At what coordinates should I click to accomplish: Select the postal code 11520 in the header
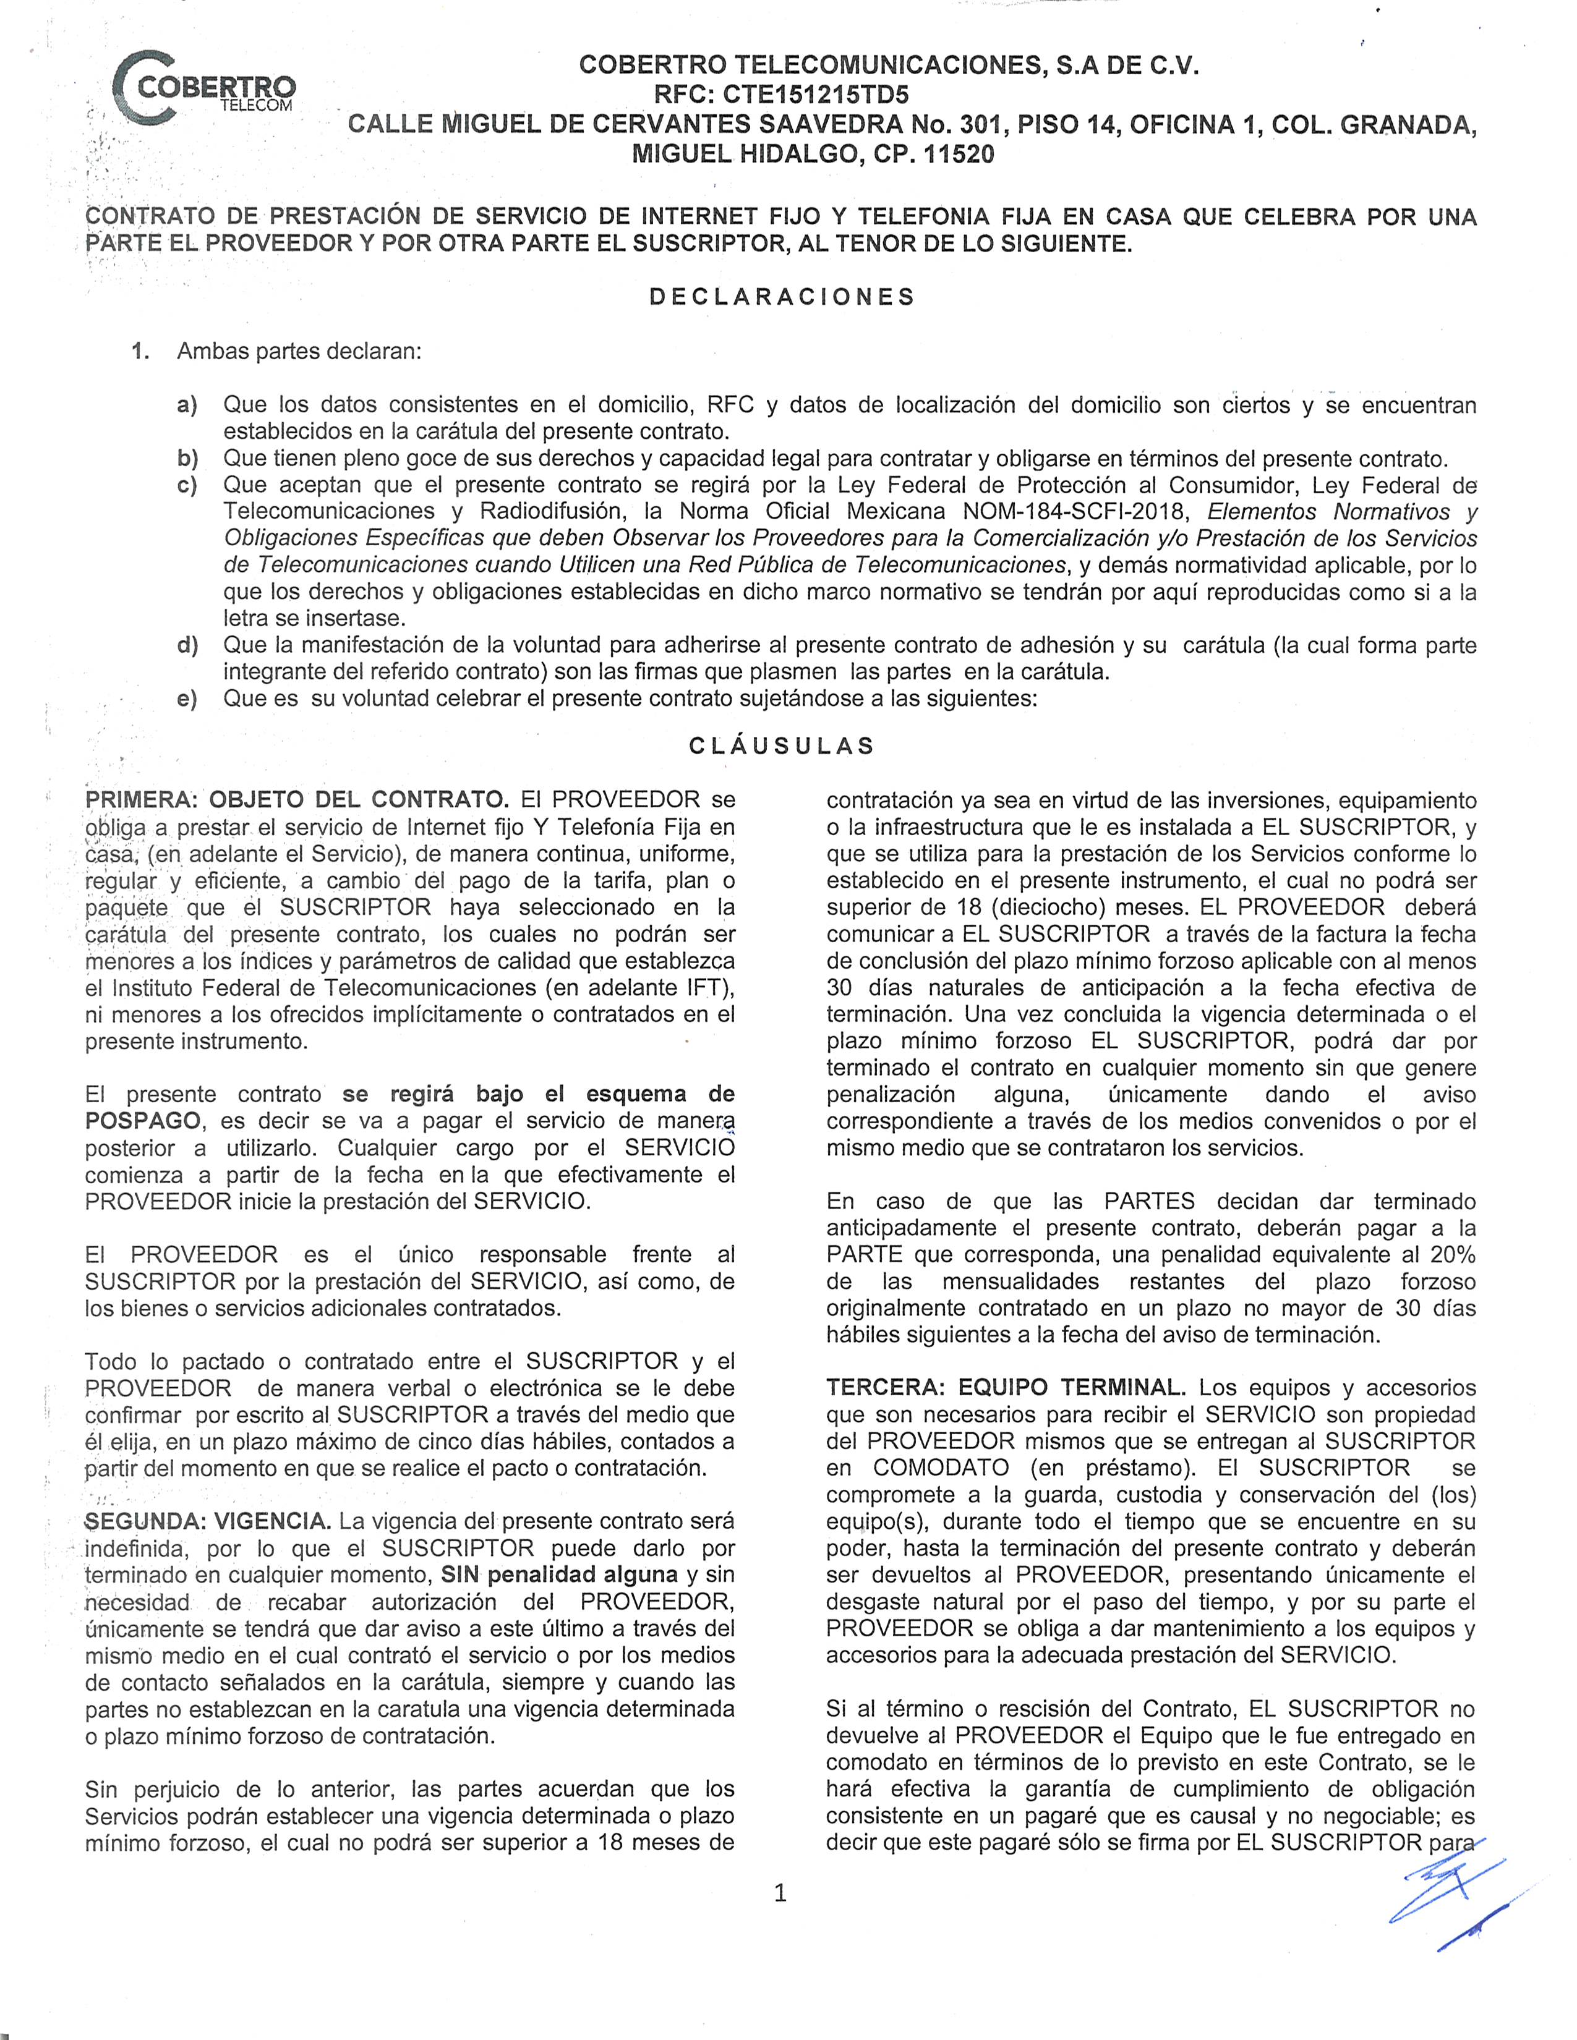959,154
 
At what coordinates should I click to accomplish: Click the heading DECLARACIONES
782,297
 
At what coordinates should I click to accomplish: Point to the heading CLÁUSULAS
782,746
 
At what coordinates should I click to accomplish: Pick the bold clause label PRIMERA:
142,799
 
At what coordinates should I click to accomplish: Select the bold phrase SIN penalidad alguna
560,1575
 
